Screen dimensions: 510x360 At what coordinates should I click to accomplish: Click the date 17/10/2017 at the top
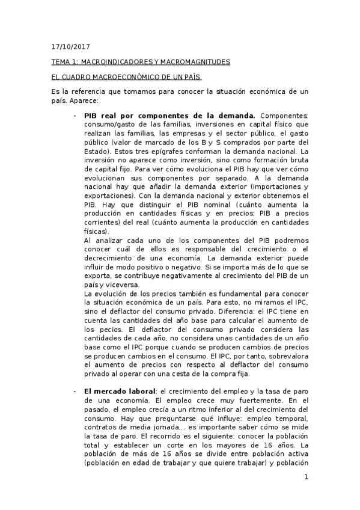pyautogui.click(x=68, y=46)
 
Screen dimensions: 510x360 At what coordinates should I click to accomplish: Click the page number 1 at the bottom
pyautogui.click(x=306, y=478)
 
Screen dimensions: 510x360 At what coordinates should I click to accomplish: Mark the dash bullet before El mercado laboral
pyautogui.click(x=75, y=391)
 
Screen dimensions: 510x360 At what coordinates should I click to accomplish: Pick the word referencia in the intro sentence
pyautogui.click(x=91, y=92)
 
